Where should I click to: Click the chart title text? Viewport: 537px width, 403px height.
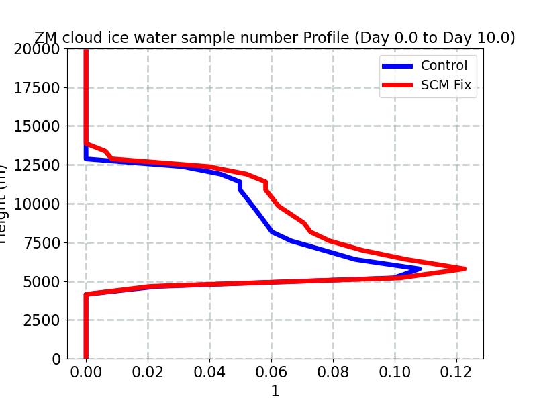275,38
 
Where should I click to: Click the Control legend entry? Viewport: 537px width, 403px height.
444,66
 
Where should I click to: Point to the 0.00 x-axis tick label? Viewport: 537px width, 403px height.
86,373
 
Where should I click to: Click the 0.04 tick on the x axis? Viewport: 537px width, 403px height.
209,373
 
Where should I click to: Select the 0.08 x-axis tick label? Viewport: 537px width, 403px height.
333,373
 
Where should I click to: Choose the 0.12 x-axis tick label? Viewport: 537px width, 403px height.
456,373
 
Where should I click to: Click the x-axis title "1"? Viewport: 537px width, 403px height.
275,392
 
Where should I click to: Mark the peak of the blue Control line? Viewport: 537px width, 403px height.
420,269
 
